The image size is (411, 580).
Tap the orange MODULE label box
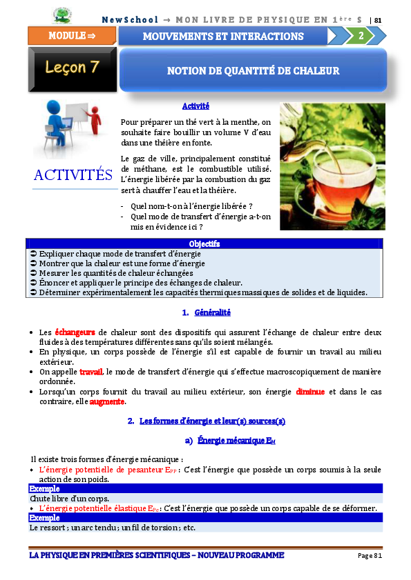pos(71,36)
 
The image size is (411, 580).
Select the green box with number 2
pos(360,36)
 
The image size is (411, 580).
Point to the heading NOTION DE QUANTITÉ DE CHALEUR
pos(253,70)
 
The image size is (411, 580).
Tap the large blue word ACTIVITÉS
pos(73,175)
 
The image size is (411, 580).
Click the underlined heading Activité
pos(195,106)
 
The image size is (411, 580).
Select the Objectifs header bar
pos(204,244)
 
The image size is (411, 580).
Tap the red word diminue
pos(310,392)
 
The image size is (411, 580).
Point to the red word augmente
pos(107,401)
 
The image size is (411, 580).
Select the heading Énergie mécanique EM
pos(236,440)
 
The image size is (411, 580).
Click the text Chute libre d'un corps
pos(69,498)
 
